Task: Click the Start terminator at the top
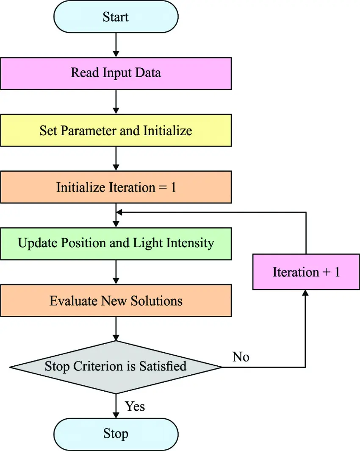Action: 116,17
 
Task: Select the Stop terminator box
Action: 116,434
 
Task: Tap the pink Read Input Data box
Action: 116,73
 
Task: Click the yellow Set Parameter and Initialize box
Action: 116,130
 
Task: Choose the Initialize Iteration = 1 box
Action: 116,187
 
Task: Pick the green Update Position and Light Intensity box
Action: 116,243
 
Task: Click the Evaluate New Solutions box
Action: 116,301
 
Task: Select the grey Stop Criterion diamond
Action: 116,366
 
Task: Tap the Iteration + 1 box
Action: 306,272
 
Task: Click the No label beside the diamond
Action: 241,357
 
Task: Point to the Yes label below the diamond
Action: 135,406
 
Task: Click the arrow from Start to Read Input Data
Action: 116,45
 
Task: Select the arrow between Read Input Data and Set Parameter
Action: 116,102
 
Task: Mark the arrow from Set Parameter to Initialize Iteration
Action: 116,159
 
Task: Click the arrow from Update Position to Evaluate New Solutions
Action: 116,272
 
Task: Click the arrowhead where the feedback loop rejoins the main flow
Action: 120,212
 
